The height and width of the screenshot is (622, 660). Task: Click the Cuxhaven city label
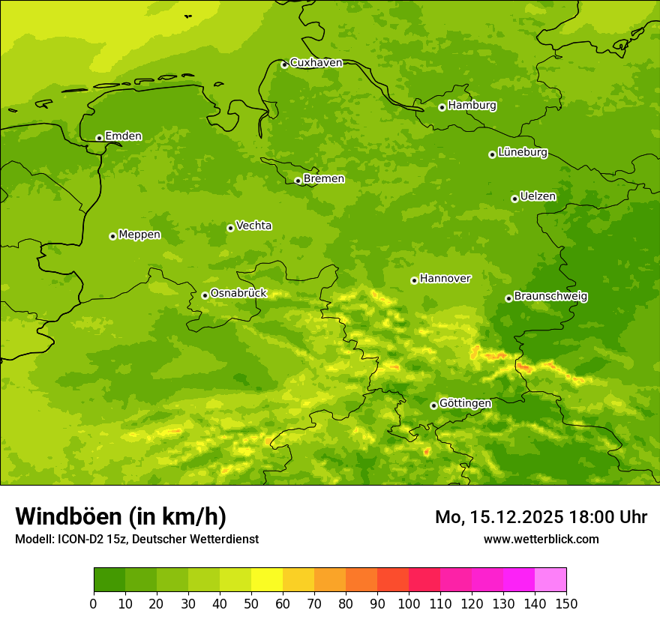pos(316,63)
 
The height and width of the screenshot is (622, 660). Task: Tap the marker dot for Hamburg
pos(442,107)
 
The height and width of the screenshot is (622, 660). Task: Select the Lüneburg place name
pos(522,152)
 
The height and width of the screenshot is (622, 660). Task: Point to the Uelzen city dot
pos(514,199)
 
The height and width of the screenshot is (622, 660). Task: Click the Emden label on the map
pos(123,136)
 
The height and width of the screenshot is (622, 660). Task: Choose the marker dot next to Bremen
pos(298,181)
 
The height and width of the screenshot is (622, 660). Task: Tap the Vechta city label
pos(253,226)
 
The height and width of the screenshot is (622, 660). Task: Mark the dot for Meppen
pos(112,236)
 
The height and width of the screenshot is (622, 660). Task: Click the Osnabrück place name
pos(238,293)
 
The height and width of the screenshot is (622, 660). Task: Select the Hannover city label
pos(445,279)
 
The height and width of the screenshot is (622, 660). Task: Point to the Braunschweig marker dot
pos(508,298)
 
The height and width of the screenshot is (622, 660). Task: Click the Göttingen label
pos(465,403)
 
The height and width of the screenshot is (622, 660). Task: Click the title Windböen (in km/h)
pos(120,516)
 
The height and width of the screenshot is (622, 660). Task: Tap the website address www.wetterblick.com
pos(541,539)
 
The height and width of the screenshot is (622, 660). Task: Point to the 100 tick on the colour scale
pos(409,603)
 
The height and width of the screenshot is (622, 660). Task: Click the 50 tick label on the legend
pos(251,603)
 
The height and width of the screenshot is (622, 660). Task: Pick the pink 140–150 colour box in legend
pos(550,580)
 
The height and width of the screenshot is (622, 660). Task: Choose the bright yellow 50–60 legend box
pos(267,580)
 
